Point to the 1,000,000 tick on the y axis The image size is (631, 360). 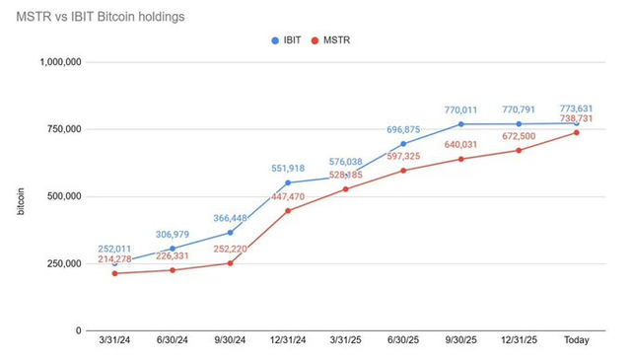(62, 61)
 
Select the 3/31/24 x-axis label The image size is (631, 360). (114, 341)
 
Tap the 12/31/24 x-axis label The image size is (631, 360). (288, 341)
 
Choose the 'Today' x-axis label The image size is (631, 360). (577, 341)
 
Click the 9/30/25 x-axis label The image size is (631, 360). (461, 341)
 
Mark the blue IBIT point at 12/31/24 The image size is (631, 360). (288, 182)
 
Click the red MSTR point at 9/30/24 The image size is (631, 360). (230, 262)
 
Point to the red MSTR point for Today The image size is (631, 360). (577, 132)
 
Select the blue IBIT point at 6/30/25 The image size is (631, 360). (403, 143)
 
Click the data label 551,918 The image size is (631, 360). (288, 169)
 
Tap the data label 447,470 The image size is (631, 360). (288, 197)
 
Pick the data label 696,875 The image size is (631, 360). (403, 129)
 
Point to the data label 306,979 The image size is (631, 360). (173, 234)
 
